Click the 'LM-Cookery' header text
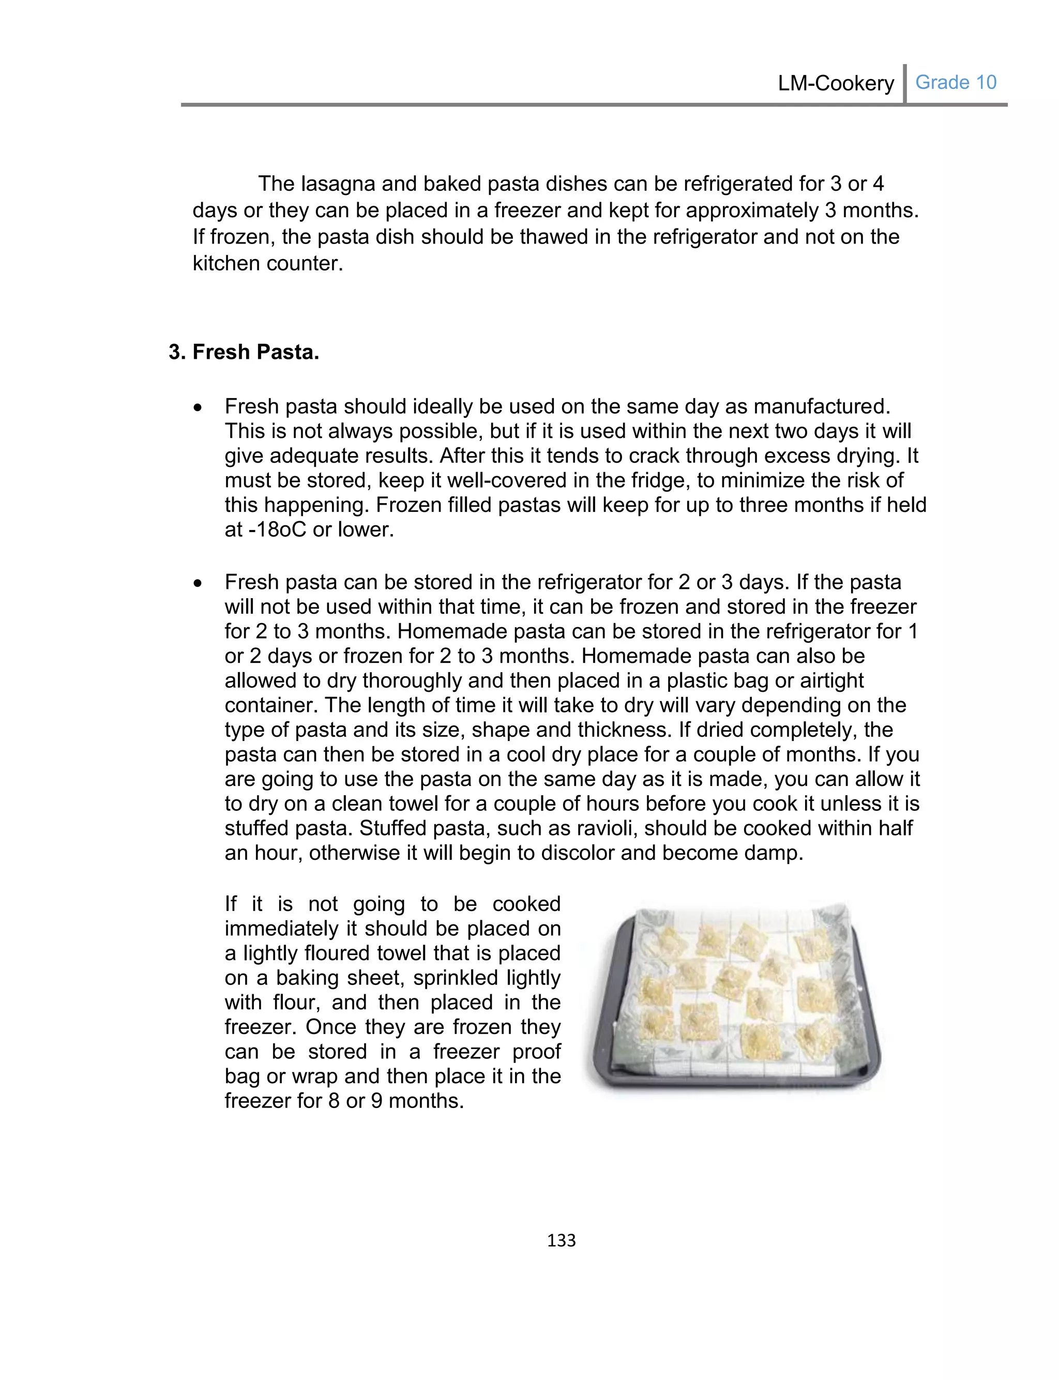835,83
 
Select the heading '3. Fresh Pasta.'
244,352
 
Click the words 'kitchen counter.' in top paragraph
268,263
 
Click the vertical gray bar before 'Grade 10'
904,83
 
